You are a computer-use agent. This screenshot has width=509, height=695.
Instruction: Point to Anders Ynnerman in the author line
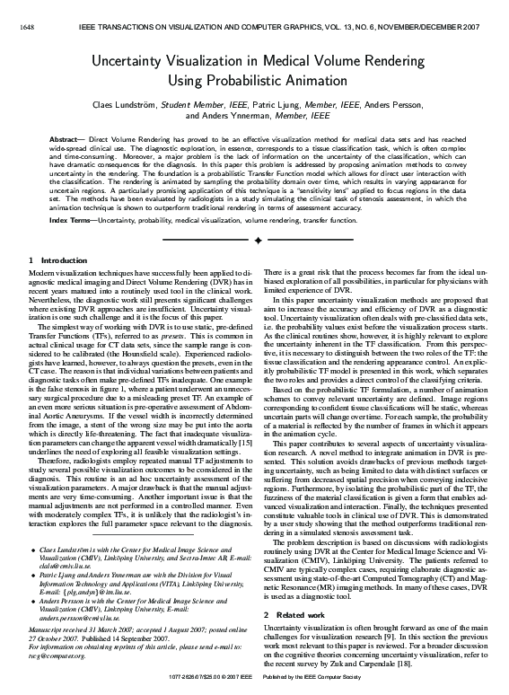pos(215,115)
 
